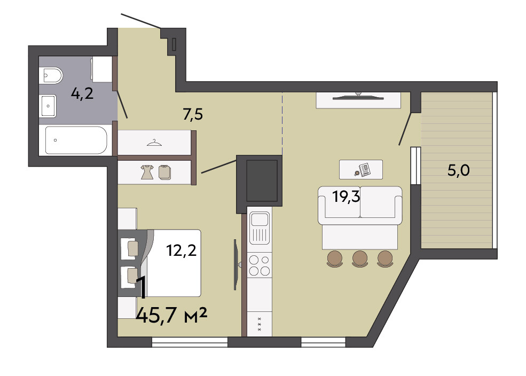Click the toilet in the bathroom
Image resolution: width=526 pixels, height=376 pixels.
[x=51, y=75]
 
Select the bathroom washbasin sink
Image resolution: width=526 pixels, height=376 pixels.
[x=48, y=106]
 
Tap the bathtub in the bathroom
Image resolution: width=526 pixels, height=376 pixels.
[x=76, y=140]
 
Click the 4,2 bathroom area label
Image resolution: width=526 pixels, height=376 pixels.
[x=82, y=93]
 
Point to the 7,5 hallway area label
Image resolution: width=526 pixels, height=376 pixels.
[x=193, y=114]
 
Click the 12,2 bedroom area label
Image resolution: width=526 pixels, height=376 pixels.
[x=182, y=250]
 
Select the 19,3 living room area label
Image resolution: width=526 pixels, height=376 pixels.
[x=346, y=196]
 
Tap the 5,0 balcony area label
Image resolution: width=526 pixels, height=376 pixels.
[x=459, y=170]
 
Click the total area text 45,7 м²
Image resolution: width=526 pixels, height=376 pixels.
[x=171, y=316]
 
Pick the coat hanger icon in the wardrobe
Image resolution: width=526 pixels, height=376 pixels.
[x=154, y=143]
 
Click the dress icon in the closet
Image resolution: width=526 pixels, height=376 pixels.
[x=147, y=172]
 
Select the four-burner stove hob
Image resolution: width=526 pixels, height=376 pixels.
[x=260, y=265]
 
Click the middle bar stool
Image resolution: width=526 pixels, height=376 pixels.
[x=360, y=259]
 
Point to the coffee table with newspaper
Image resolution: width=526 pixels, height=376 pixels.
[x=361, y=169]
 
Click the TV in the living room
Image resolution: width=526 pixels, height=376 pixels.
[x=358, y=98]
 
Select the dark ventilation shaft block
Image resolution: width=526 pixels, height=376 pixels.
[x=260, y=184]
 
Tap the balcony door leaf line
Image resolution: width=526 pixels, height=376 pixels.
[x=405, y=129]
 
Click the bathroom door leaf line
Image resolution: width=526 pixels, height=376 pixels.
[x=122, y=104]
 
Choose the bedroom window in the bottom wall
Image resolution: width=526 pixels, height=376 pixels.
[x=190, y=342]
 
